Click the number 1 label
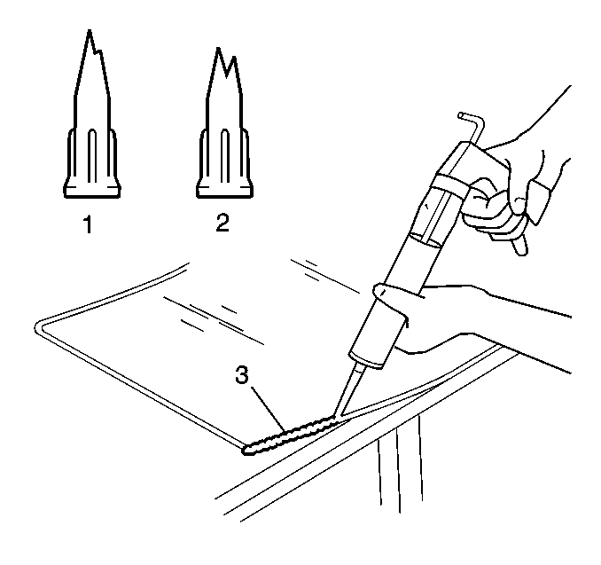coord(88,224)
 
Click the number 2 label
coord(222,223)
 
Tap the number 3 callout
coord(242,375)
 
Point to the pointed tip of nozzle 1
coord(90,30)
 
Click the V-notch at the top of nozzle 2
coord(227,75)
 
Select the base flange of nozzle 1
coord(92,191)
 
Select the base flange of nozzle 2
coord(224,191)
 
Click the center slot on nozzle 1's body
coord(91,156)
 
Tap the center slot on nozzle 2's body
coord(224,156)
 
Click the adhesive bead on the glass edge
coord(292,435)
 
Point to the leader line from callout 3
coord(268,409)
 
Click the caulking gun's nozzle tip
coord(335,416)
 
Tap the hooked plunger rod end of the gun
coord(472,122)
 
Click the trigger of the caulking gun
coord(520,243)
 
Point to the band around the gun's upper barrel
coord(451,182)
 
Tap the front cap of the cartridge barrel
coord(365,359)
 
